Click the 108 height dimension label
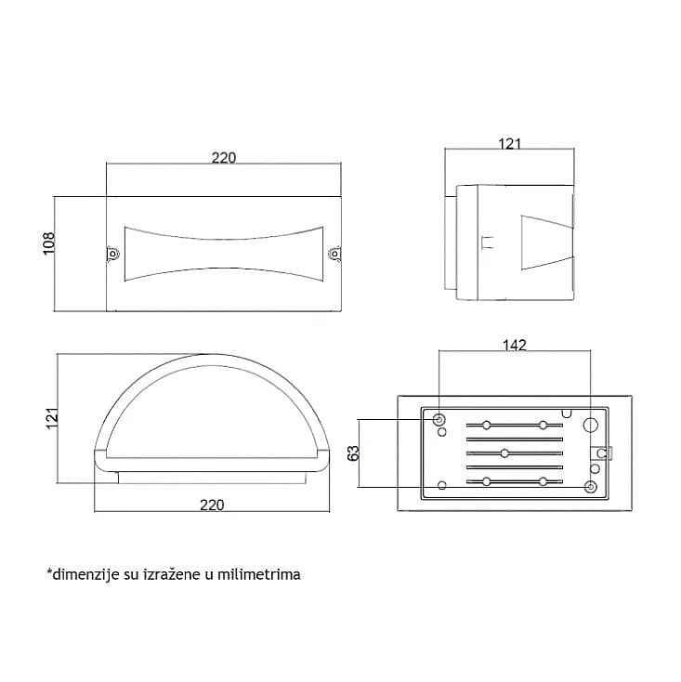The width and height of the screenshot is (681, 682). [49, 243]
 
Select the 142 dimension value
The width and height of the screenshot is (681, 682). [515, 345]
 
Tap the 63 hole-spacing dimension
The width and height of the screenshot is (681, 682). [354, 452]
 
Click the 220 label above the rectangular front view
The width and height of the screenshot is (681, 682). [224, 157]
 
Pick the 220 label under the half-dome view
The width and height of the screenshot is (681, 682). [212, 505]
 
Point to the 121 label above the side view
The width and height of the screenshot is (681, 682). [509, 143]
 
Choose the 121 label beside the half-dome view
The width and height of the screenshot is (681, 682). [52, 418]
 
